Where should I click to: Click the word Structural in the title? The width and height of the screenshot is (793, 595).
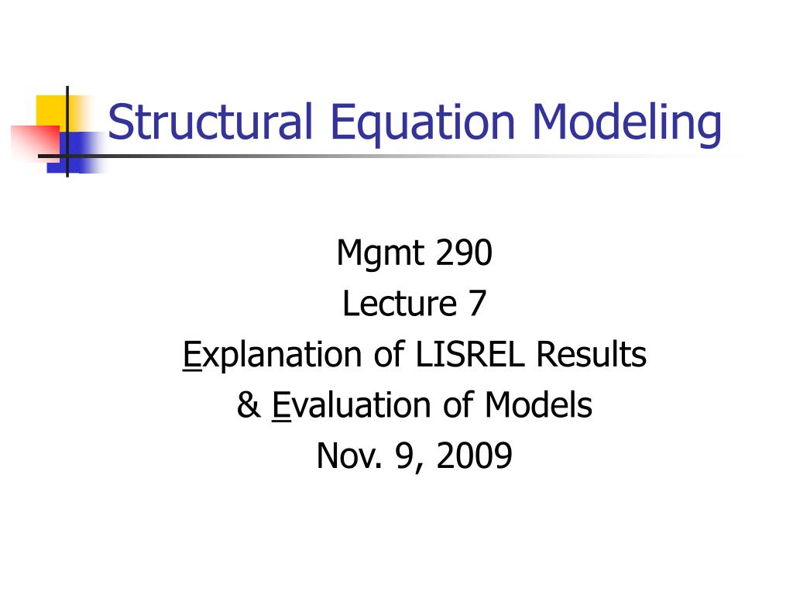point(211,122)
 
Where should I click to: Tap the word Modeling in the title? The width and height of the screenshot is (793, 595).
point(627,122)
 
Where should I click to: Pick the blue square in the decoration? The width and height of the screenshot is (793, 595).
point(77,149)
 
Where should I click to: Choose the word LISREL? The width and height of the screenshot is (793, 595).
point(472,355)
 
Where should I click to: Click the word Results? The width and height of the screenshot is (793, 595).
point(592,355)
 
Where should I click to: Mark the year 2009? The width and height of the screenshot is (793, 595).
point(474,456)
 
